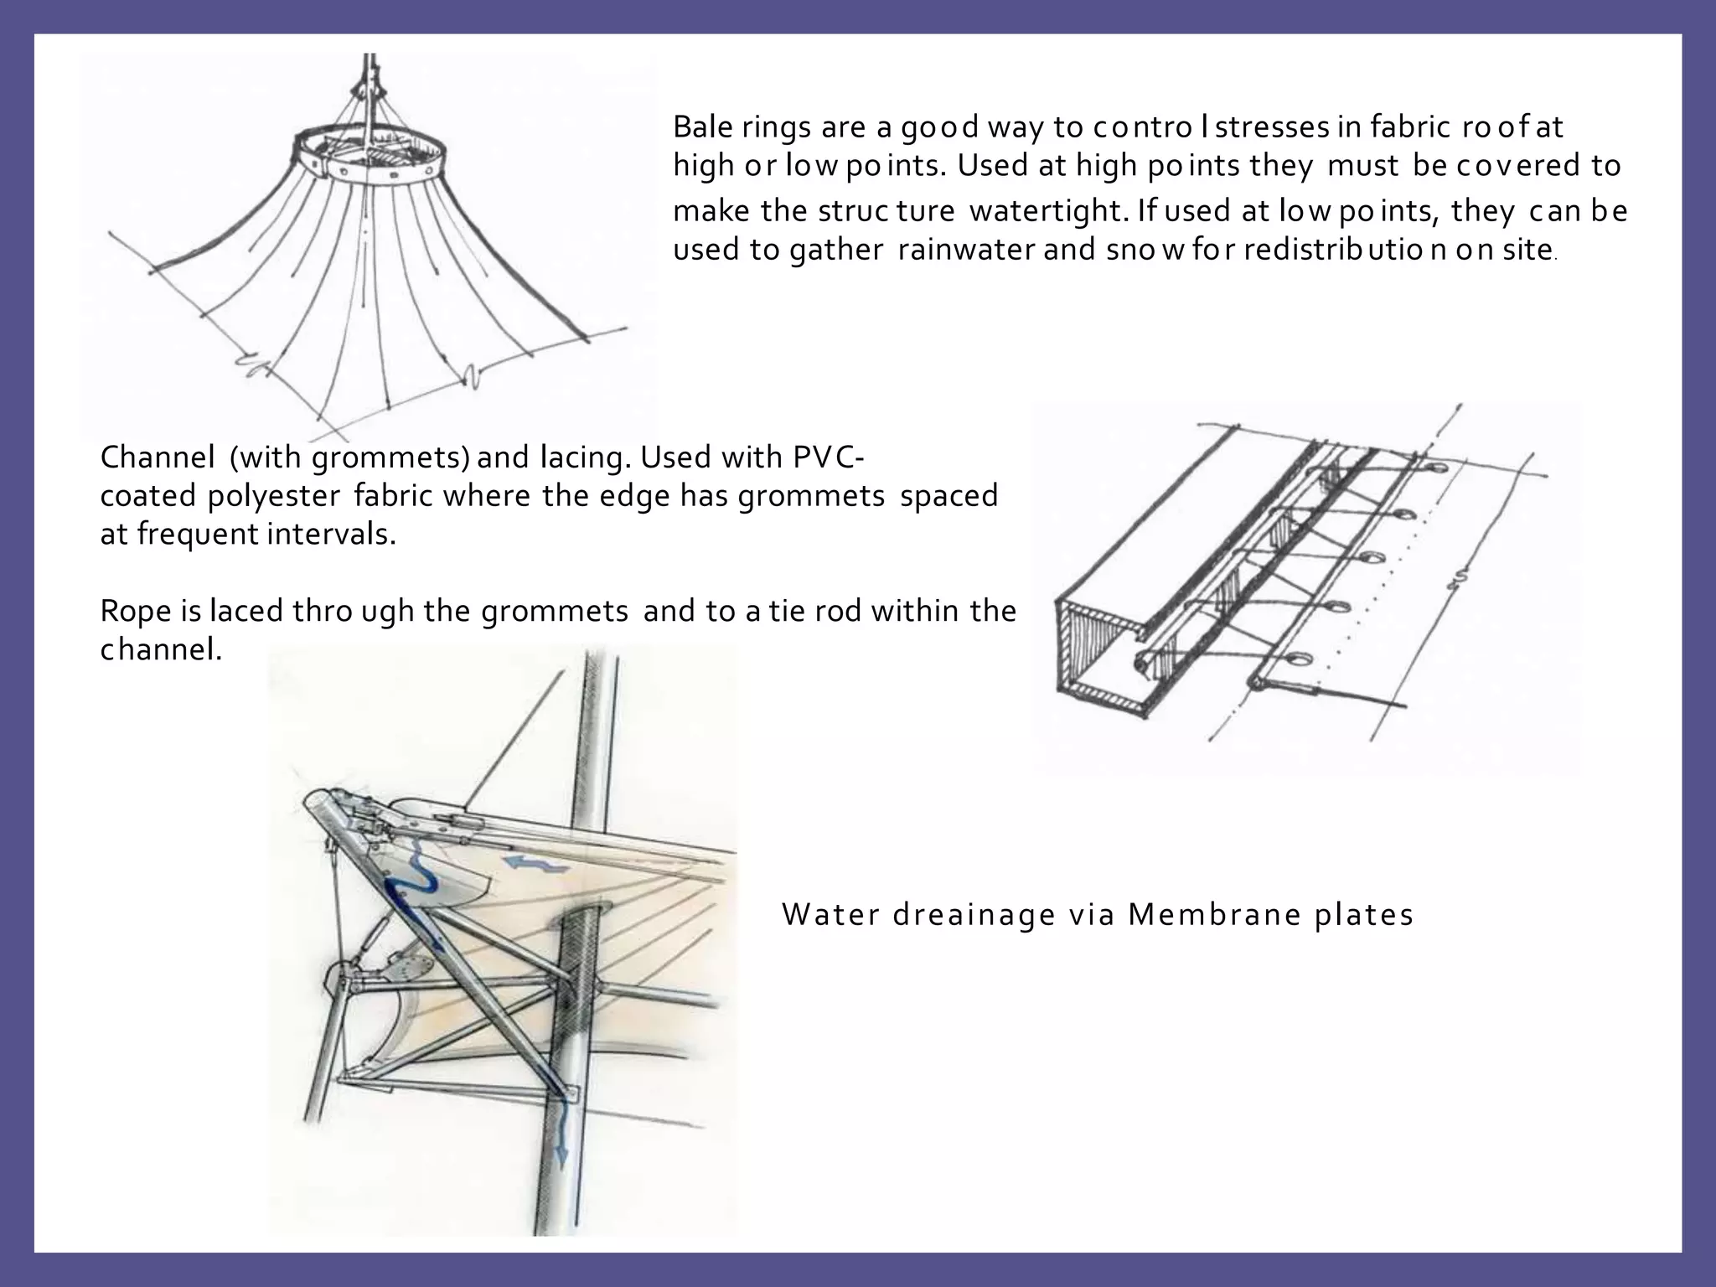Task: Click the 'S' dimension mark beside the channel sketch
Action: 1460,578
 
